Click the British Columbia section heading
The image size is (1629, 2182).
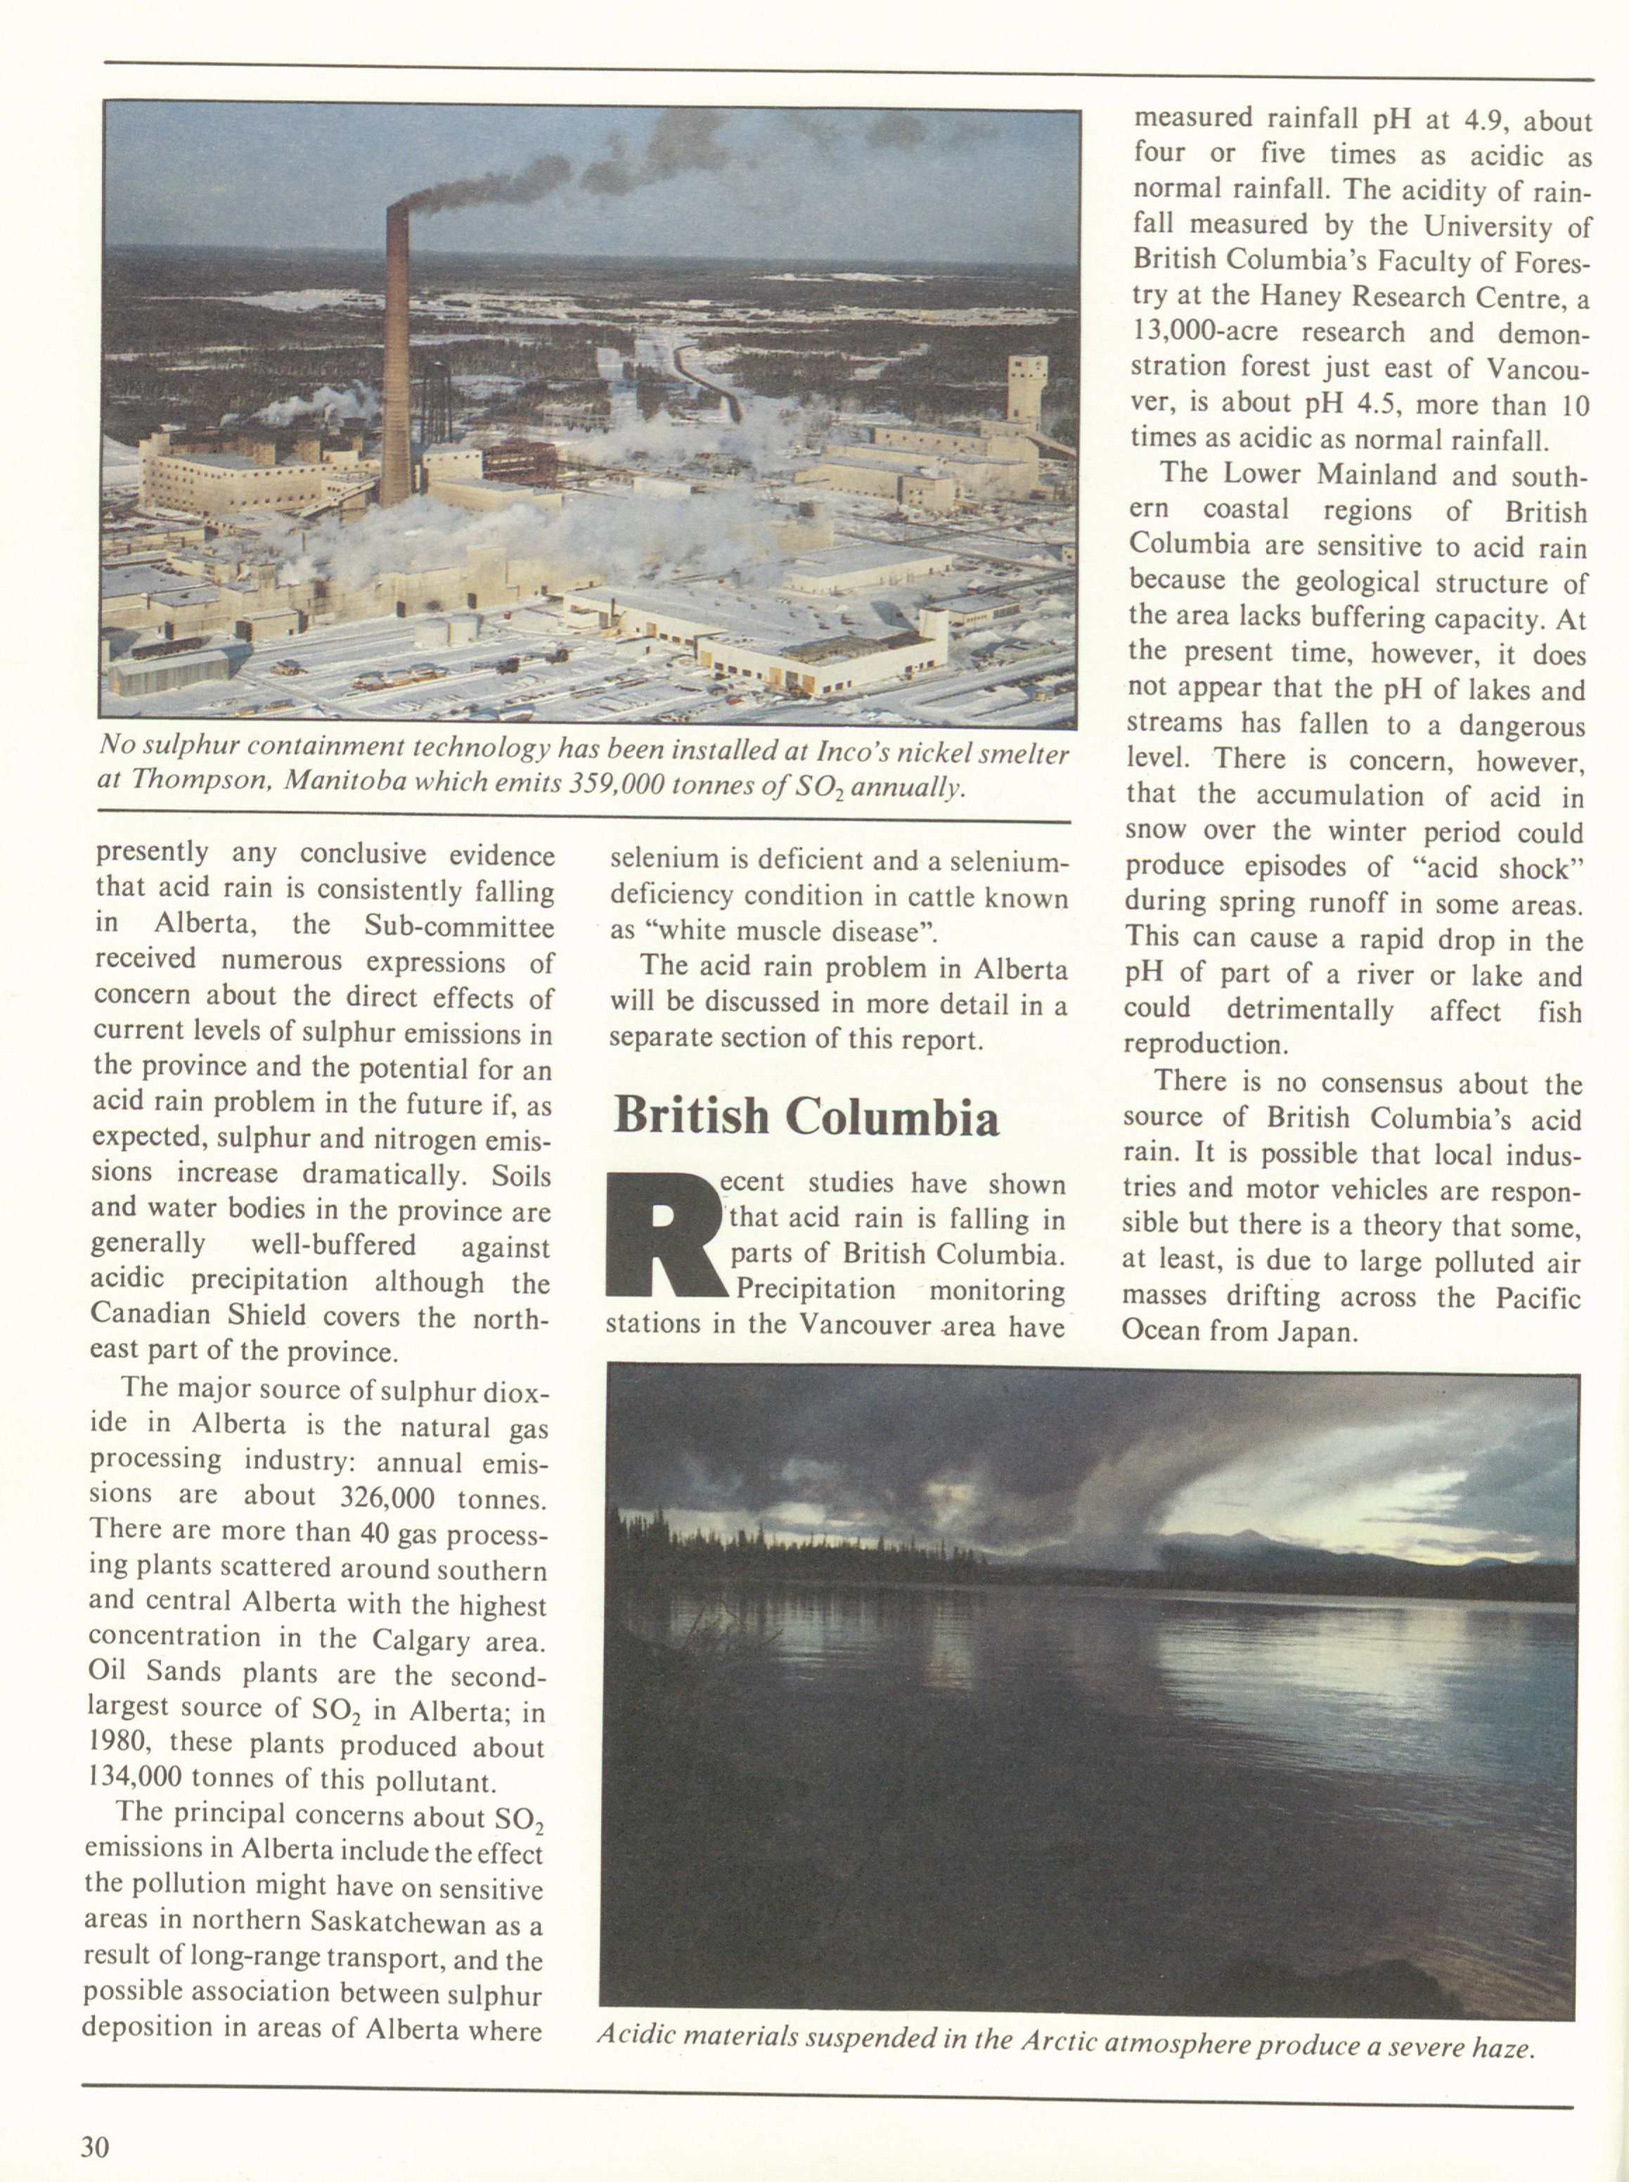coord(806,1116)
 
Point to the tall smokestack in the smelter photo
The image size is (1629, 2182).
coord(397,355)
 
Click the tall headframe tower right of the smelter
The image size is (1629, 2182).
coord(1026,392)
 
